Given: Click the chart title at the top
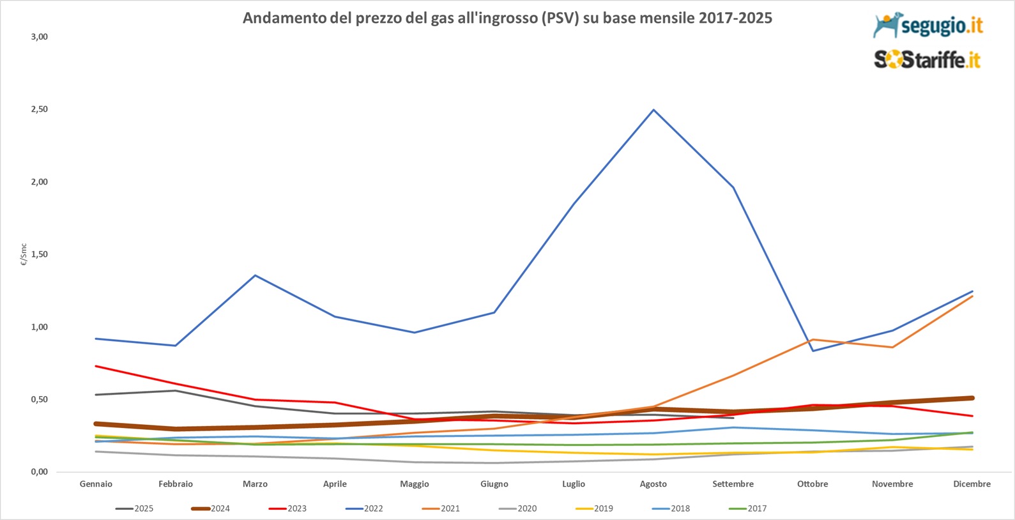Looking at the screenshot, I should (507, 18).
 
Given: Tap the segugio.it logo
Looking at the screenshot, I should (927, 26).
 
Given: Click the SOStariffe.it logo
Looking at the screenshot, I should (927, 60).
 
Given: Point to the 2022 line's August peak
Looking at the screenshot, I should (653, 110).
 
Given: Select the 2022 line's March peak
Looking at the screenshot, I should (256, 275).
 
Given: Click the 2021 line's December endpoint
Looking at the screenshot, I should (972, 296).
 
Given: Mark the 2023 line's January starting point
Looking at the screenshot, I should (96, 366).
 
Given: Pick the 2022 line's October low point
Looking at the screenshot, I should (813, 351).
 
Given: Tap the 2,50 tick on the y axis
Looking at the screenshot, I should (39, 109).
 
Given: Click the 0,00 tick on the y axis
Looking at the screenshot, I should (39, 472).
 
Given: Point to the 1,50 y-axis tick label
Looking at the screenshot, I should (39, 254).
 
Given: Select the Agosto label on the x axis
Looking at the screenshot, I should (653, 484).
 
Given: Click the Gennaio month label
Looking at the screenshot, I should (96, 484).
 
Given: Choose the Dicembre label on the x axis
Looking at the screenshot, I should (972, 484).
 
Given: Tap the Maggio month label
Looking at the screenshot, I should (415, 484).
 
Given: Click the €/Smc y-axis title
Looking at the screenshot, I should (24, 254).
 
